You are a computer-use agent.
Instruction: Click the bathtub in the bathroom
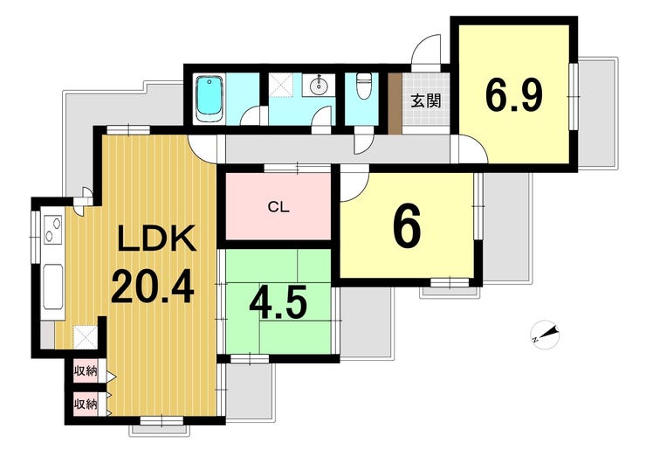tap(210, 99)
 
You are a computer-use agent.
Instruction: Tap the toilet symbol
tap(363, 86)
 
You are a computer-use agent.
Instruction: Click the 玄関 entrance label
tap(426, 100)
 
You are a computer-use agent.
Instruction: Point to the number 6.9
tap(514, 95)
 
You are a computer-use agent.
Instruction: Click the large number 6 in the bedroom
tap(407, 226)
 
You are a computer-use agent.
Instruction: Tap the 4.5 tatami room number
tap(278, 303)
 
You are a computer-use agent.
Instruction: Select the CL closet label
tap(278, 206)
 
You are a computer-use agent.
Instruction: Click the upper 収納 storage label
tap(86, 371)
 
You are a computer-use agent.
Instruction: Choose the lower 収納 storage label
tap(86, 404)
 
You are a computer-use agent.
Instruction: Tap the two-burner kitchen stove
tap(52, 230)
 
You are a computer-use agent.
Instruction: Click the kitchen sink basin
tap(53, 287)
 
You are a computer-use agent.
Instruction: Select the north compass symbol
tap(545, 335)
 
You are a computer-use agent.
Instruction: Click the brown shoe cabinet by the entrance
tap(395, 103)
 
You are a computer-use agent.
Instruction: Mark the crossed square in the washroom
tap(282, 86)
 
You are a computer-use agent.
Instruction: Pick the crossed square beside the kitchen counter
tap(86, 337)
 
